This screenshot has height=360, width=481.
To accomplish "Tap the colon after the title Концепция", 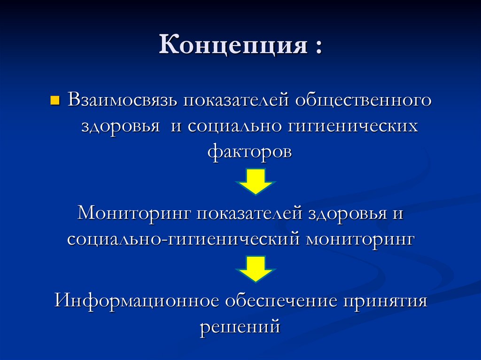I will tap(319, 48).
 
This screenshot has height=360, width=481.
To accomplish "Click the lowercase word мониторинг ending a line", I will tap(361, 239).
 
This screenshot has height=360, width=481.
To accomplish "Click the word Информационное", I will tap(137, 300).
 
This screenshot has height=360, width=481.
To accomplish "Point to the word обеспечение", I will tap(281, 300).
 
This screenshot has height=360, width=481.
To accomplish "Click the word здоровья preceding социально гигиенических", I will tap(119, 127).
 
